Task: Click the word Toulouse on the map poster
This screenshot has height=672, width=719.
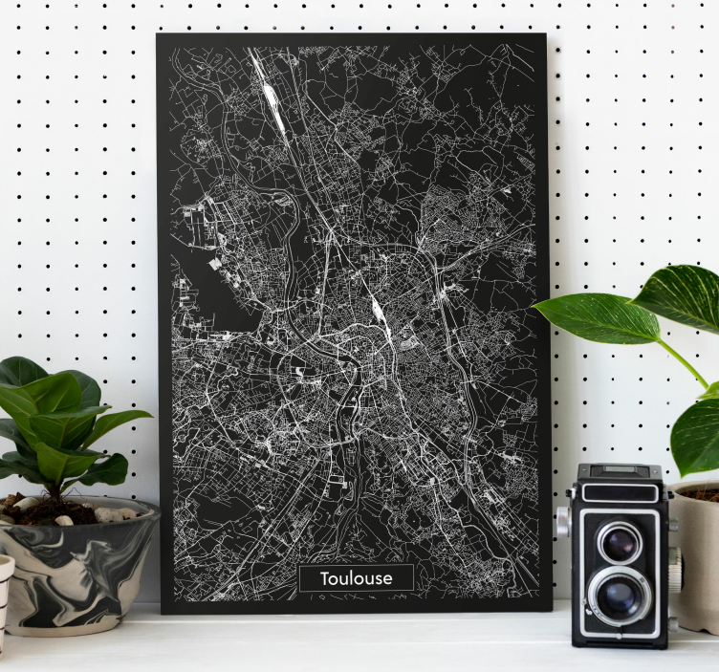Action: coord(356,578)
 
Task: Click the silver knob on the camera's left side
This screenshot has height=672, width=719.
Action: coord(562,521)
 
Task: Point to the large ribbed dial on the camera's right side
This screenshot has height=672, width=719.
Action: coord(675,568)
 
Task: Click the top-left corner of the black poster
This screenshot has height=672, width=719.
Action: coord(159,35)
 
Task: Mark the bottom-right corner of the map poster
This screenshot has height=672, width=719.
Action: coord(550,609)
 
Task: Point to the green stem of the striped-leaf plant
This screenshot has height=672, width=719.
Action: coord(685,364)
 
